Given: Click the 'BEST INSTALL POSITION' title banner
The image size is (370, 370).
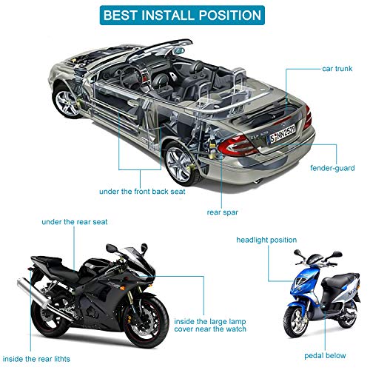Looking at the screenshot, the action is (182, 15).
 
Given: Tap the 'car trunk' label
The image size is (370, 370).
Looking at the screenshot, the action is (337, 69).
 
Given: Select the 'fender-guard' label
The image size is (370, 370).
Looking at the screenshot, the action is (332, 168).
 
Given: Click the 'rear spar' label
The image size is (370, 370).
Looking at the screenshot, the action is (222, 212).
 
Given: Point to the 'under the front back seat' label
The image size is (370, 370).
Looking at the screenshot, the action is (142, 192).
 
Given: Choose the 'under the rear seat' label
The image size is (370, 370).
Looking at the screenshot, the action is (75, 222).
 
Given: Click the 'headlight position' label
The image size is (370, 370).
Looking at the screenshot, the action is (266, 240).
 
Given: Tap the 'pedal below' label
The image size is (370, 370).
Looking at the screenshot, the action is (325, 355).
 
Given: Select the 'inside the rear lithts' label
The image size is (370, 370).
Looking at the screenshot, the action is (36, 359).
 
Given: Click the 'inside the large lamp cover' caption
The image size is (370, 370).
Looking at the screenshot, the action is (210, 326).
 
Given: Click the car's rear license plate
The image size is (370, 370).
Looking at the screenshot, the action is (282, 135).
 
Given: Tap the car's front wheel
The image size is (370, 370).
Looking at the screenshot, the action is (66, 101).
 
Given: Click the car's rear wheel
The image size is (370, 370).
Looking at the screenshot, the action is (180, 164).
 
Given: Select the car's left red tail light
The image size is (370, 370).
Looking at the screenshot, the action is (238, 147).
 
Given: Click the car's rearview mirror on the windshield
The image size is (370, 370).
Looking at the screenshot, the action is (179, 51).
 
